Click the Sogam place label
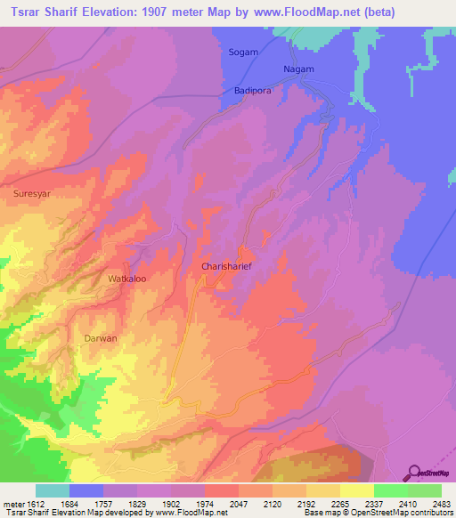click(x=243, y=53)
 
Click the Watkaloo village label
click(x=126, y=279)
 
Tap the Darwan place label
click(x=101, y=339)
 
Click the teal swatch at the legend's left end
click(x=53, y=490)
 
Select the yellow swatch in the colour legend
click(x=357, y=490)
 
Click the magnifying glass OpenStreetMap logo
click(x=415, y=473)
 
